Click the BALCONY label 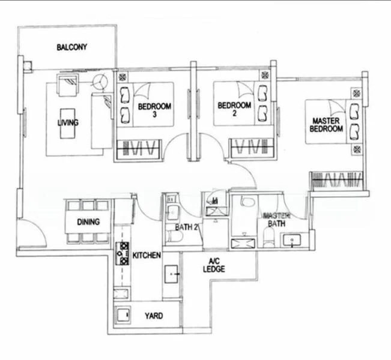point(72,47)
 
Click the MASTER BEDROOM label point(327,125)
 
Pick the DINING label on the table point(88,222)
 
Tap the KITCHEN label point(147,256)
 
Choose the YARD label point(153,316)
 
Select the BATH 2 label point(187,227)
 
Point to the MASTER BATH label point(277,219)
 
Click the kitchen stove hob point(123,253)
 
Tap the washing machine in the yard point(124,316)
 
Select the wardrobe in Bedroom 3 point(138,148)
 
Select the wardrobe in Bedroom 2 point(252,148)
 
